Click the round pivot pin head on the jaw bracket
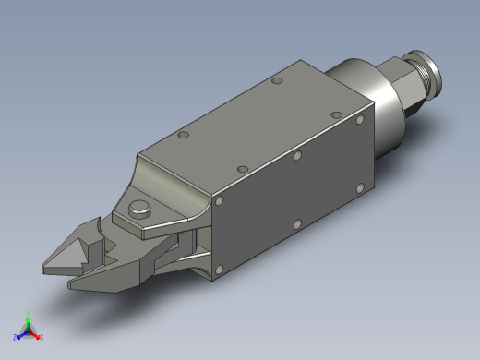139,206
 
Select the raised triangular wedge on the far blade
91,242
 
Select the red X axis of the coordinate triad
37,335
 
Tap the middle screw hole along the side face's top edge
297,155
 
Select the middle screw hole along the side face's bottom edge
296,223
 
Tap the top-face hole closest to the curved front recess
183,135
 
